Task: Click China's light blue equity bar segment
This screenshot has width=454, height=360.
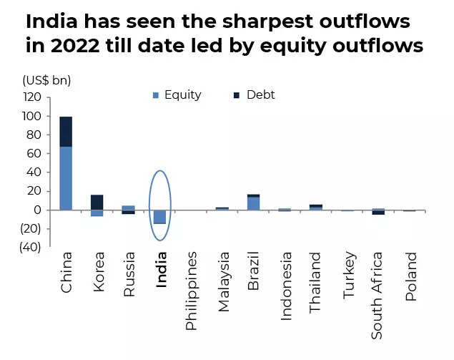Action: [66, 178]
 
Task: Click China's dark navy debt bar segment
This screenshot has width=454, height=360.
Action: [66, 132]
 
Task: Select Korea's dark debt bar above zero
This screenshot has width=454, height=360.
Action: [97, 202]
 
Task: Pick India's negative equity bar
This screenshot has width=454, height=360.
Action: [160, 217]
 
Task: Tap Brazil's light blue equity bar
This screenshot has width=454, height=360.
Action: [254, 203]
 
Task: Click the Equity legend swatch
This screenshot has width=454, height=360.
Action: [155, 95]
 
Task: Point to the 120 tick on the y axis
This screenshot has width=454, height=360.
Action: [31, 97]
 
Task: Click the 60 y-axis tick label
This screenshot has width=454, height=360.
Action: [34, 153]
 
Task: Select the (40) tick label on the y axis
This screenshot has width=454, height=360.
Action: [29, 247]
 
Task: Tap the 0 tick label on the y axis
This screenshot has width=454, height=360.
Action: [37, 210]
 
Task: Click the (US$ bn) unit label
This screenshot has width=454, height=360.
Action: [46, 79]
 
